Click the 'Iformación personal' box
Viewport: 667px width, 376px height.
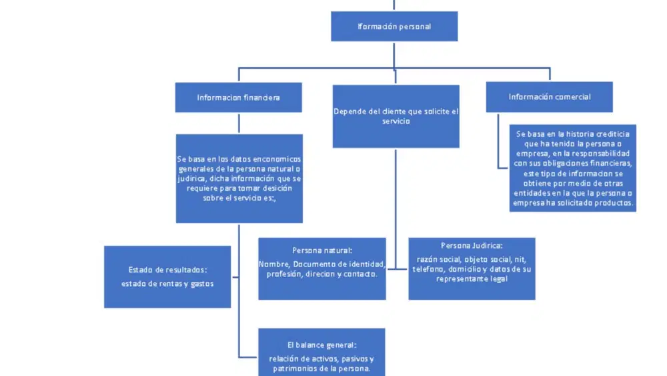tap(394, 27)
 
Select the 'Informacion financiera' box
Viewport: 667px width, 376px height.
tap(239, 98)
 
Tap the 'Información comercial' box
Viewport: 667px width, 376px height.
tap(549, 97)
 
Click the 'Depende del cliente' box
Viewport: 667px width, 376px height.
tap(396, 116)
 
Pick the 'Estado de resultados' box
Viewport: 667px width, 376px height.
tap(167, 276)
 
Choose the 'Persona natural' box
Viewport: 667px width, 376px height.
tap(322, 268)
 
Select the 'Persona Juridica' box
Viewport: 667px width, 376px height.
tap(472, 268)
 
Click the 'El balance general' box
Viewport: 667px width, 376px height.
tap(321, 352)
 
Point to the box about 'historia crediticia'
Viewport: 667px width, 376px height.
tap(573, 168)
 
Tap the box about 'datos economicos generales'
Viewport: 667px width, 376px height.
tap(239, 178)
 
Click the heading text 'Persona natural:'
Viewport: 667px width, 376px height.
tap(322, 250)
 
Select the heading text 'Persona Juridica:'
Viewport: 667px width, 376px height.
tap(472, 246)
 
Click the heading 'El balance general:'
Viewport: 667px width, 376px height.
tap(321, 345)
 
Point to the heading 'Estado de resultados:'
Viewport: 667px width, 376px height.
tap(167, 270)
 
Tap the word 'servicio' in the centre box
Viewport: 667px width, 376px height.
tap(396, 122)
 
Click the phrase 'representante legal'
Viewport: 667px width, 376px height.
tap(472, 279)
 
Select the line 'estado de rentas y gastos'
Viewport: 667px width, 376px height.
tap(167, 284)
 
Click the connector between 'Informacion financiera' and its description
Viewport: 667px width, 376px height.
tap(239, 124)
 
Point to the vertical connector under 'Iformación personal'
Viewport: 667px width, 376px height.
tap(394, 55)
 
